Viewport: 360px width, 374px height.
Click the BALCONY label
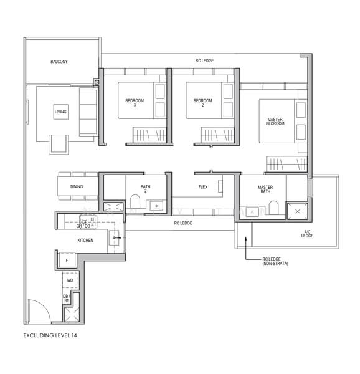(59, 62)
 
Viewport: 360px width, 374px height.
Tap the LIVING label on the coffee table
(60, 112)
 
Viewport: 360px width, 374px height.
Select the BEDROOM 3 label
(135, 103)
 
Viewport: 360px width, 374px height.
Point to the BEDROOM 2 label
(203, 103)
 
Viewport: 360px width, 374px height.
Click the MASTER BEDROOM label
(275, 122)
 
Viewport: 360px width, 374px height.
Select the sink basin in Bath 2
(156, 206)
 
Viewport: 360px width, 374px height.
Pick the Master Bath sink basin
(252, 212)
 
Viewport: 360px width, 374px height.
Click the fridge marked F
(67, 260)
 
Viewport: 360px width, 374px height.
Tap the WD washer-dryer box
(70, 280)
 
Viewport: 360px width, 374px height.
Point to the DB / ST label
(66, 299)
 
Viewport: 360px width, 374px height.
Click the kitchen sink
(114, 238)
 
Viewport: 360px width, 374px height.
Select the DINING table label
(77, 186)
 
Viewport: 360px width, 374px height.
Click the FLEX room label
(203, 187)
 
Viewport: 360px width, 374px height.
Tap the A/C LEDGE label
(307, 234)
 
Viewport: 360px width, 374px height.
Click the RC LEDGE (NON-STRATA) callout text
(275, 261)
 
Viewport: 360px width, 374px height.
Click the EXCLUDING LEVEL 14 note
(50, 335)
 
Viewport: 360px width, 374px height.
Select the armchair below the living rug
(59, 145)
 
